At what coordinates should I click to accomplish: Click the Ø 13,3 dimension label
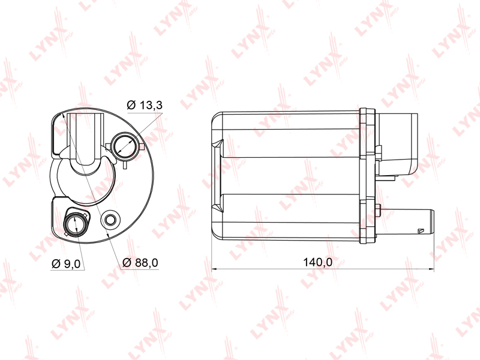pyautogui.click(x=145, y=105)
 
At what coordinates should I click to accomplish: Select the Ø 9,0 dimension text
pyautogui.click(x=66, y=263)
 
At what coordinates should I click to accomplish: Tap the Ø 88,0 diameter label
pyautogui.click(x=140, y=262)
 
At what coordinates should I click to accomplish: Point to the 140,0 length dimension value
pyautogui.click(x=317, y=262)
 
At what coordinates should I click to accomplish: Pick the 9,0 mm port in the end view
pyautogui.click(x=74, y=223)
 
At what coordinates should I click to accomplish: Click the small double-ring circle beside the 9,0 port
pyautogui.click(x=110, y=220)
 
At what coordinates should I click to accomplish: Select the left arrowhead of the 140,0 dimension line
pyautogui.click(x=214, y=269)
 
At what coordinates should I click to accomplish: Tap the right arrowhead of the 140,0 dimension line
pyautogui.click(x=431, y=269)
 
